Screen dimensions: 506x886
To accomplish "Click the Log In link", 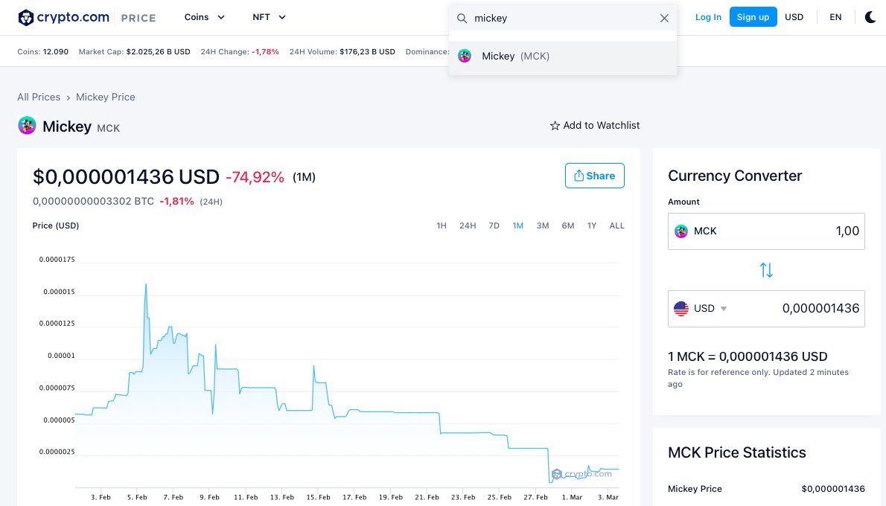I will click(x=707, y=17).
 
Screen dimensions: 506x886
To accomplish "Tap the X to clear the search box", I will click(x=664, y=18).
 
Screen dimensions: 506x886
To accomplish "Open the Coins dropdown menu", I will click(x=205, y=17).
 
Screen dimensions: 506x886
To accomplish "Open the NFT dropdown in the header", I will click(x=269, y=17).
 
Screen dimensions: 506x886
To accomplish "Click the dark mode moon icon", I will click(x=870, y=17).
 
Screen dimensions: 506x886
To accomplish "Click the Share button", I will click(x=594, y=176).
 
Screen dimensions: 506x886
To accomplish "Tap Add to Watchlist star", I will click(x=555, y=126).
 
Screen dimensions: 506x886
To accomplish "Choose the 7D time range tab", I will click(x=494, y=225).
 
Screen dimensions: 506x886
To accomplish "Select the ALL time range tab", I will click(x=616, y=225).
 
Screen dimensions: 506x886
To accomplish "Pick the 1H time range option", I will click(x=442, y=225).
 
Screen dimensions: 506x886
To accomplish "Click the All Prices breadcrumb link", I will click(x=39, y=97).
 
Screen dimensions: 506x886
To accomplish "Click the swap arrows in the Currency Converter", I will click(x=766, y=270).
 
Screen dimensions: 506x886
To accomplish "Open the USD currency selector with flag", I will click(x=700, y=309).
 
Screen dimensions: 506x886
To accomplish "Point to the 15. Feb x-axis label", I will click(x=319, y=497).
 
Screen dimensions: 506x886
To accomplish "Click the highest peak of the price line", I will click(x=145, y=284).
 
